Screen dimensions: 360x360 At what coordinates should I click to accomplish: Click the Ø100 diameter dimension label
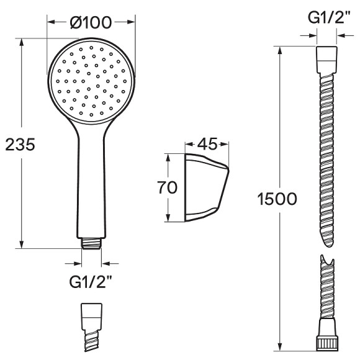[91, 22]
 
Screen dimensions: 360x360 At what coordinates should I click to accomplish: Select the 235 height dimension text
[20, 145]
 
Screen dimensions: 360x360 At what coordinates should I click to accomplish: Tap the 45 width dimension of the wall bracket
[207, 144]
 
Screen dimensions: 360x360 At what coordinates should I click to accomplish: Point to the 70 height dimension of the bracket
[167, 187]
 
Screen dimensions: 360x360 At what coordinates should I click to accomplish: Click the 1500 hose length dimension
[277, 199]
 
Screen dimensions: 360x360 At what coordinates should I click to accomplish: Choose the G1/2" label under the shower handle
[91, 282]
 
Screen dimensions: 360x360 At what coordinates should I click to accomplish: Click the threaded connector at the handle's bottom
[91, 243]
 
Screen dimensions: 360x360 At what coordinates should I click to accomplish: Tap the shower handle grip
[91, 184]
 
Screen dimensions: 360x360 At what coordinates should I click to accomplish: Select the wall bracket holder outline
[207, 187]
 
